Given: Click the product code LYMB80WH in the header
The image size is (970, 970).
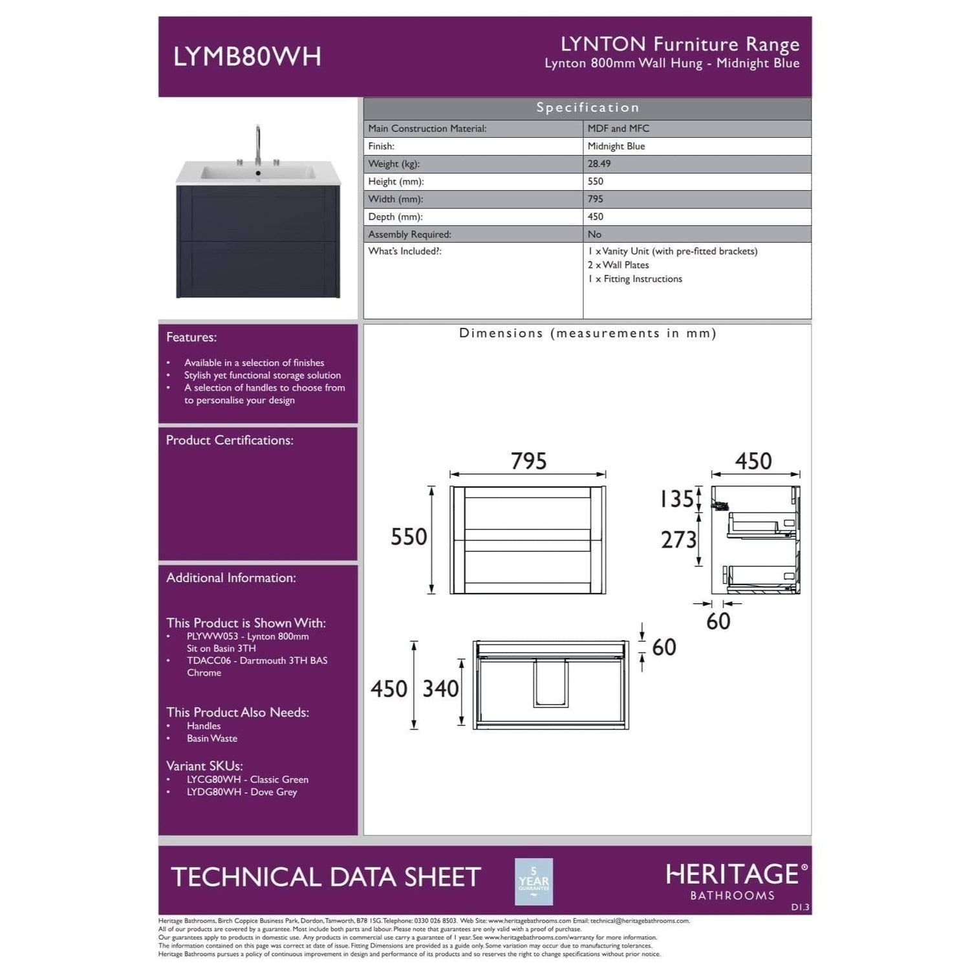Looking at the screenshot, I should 247,57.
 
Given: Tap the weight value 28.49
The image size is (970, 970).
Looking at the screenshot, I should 599,164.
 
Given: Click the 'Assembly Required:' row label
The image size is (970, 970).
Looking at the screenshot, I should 409,235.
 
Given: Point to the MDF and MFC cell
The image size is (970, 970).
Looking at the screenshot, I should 618,129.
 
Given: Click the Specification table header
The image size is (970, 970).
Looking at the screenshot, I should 587,108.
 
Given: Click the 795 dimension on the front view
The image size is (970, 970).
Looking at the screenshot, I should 528,461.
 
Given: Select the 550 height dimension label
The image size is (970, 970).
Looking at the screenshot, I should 409,537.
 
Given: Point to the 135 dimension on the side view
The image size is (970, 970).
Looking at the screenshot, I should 676,499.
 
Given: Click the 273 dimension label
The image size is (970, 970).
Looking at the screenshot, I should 678,540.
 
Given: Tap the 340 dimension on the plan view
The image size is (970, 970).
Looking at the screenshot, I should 440,689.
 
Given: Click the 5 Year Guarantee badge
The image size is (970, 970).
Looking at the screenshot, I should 533,881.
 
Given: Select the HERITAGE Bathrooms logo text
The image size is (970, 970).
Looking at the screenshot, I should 733,881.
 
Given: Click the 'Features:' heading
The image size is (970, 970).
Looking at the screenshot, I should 191,338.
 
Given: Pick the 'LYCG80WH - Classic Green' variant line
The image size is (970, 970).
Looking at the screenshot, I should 247,780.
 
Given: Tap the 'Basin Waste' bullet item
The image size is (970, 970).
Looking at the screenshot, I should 211,738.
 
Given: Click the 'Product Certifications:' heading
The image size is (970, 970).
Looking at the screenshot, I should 230,440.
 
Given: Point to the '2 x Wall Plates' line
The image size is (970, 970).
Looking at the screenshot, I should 618,265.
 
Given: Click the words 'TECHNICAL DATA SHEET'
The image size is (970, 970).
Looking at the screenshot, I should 326,878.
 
